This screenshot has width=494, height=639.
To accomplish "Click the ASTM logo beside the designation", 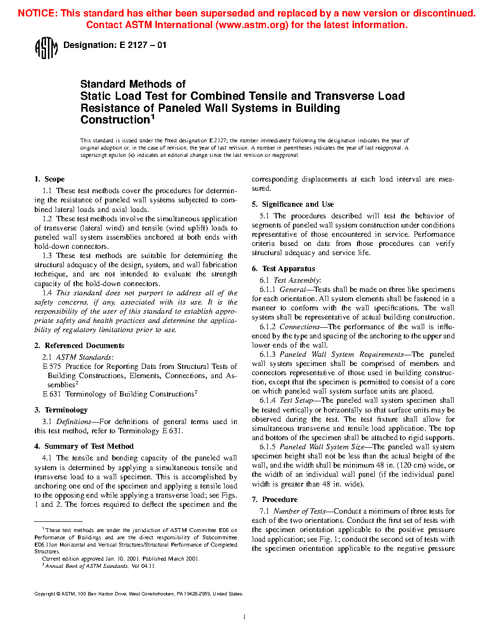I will coord(46,48).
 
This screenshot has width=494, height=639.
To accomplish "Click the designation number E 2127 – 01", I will coord(143,45).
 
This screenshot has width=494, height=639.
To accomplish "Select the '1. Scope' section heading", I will coord(49,179).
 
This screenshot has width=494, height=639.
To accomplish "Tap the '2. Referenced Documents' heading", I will coord(79,346).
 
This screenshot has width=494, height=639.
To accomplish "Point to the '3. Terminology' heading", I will coord(61,410).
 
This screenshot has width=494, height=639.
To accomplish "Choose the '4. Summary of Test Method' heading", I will coord(84,446).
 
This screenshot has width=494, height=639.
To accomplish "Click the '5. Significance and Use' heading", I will coord(293,204).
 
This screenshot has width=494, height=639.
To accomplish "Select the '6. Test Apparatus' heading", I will coord(283,269).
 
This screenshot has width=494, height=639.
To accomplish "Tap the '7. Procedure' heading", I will coord(275,500).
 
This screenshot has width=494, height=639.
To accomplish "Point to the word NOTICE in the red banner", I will coord(37,13).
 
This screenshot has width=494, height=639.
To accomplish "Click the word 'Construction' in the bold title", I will coord(115,120).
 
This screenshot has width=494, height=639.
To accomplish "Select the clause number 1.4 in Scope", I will coord(47,293).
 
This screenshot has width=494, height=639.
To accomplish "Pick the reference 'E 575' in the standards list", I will coord(52,366).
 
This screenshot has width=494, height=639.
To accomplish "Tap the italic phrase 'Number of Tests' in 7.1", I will coord(299,511).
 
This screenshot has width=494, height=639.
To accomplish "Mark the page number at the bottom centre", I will coord(245,617).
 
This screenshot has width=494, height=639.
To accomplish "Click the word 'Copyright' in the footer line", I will coord(45,594).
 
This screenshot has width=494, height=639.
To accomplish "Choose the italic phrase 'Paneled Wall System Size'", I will coord(322,447).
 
